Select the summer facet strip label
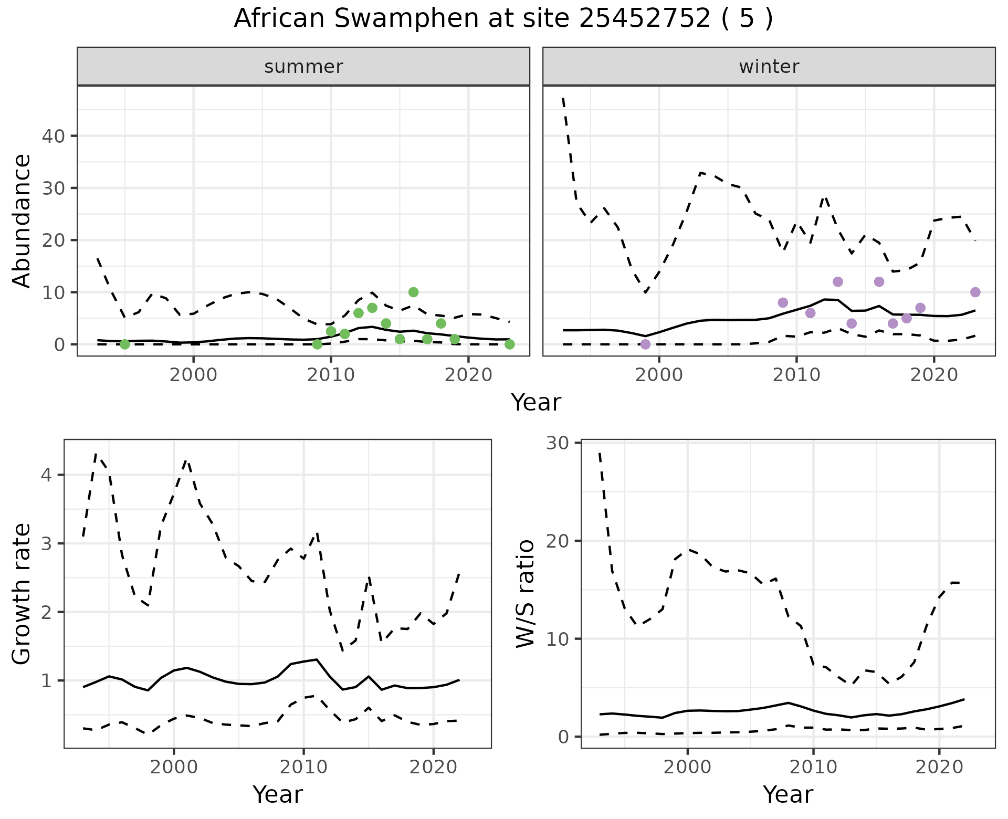click(303, 67)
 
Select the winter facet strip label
click(769, 67)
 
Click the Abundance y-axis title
click(22, 220)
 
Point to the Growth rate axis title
click(22, 594)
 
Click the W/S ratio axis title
click(526, 594)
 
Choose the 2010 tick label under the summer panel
click(331, 375)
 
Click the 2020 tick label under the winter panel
click(933, 375)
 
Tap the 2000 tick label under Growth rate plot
click(174, 767)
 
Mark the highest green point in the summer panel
click(413, 292)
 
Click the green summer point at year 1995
click(124, 344)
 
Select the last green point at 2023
click(509, 344)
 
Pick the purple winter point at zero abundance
click(645, 344)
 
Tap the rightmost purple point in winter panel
click(975, 292)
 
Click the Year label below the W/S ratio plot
click(787, 795)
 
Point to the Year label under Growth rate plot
click(277, 795)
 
